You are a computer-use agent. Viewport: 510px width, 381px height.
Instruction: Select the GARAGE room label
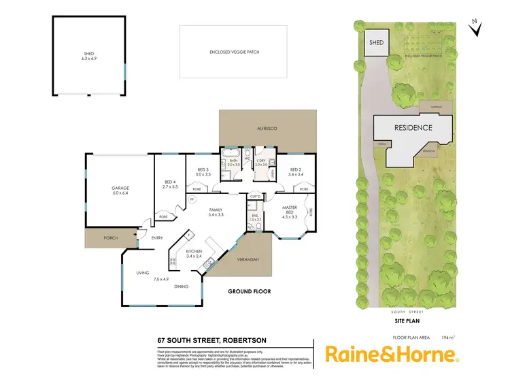120,189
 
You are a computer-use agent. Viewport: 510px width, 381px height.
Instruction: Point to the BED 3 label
203,172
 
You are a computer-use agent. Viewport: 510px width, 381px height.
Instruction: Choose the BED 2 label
296,172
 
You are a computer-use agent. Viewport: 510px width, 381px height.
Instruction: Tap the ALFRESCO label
267,128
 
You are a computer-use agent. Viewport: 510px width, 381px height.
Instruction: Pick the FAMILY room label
216,210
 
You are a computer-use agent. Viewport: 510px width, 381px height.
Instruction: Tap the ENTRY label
157,237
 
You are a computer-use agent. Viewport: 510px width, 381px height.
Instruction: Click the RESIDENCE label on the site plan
413,127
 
